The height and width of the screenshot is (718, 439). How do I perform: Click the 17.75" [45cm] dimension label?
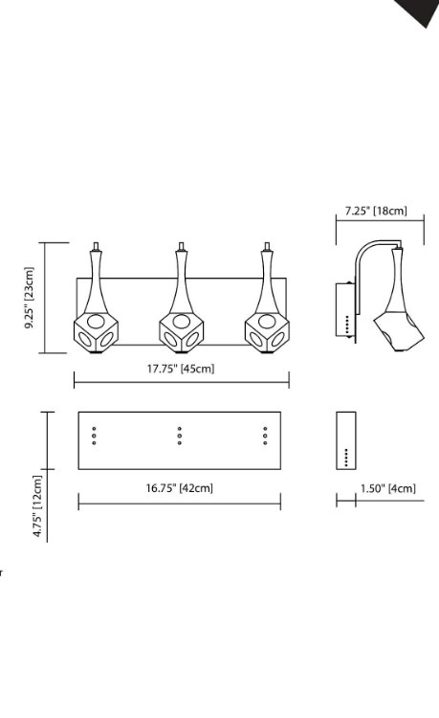tap(180, 369)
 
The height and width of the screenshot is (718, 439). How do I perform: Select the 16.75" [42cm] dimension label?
tap(180, 487)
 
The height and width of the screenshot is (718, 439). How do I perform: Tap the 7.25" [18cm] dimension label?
tap(376, 210)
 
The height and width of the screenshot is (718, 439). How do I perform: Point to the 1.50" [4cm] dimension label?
tap(387, 488)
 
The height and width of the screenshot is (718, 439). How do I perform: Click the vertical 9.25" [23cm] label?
tap(30, 298)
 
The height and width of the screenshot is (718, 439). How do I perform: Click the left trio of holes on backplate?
tap(94, 435)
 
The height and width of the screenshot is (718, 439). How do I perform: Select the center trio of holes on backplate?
tap(180, 435)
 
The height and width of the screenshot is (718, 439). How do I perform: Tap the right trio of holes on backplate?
tap(265, 435)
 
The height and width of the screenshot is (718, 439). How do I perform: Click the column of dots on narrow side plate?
tap(346, 457)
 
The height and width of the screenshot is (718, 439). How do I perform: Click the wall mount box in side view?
tap(346, 310)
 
